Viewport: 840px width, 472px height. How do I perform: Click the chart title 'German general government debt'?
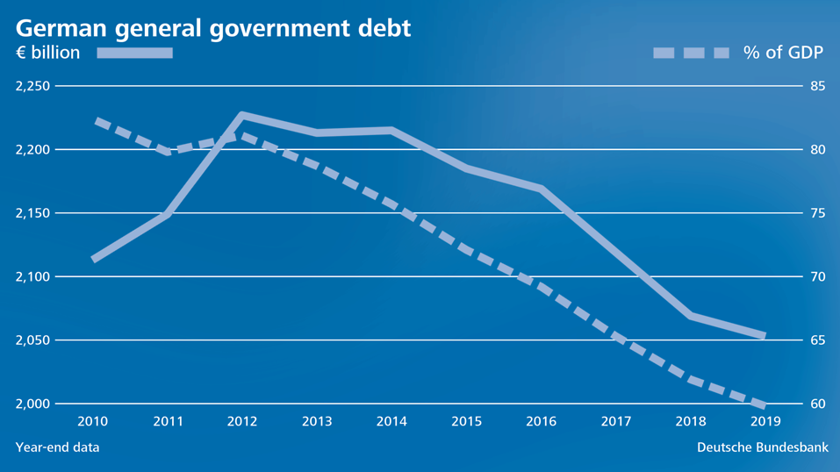212,27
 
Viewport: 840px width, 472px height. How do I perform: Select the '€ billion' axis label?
47,53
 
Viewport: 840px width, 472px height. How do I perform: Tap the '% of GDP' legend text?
783,53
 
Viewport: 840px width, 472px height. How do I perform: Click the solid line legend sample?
134,53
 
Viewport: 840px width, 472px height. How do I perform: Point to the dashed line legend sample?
691,53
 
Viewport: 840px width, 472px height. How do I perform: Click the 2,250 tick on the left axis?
32,86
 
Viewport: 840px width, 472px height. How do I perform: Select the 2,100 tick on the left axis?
32,276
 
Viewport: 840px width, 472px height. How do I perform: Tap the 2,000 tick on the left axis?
32,404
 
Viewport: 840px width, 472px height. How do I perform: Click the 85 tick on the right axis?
817,86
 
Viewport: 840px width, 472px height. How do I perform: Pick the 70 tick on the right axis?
817,276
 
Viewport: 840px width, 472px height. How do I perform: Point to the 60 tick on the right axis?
817,404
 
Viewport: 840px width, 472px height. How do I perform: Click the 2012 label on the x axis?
242,422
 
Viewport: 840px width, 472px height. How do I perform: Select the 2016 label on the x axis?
541,422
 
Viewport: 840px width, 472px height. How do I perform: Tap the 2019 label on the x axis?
765,422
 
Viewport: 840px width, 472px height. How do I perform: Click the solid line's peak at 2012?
242,115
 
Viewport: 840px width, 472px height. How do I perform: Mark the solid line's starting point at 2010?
93,259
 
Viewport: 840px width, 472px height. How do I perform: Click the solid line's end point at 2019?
765,335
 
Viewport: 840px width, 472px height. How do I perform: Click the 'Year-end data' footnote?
57,447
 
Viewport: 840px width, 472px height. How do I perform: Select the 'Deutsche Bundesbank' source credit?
762,447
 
